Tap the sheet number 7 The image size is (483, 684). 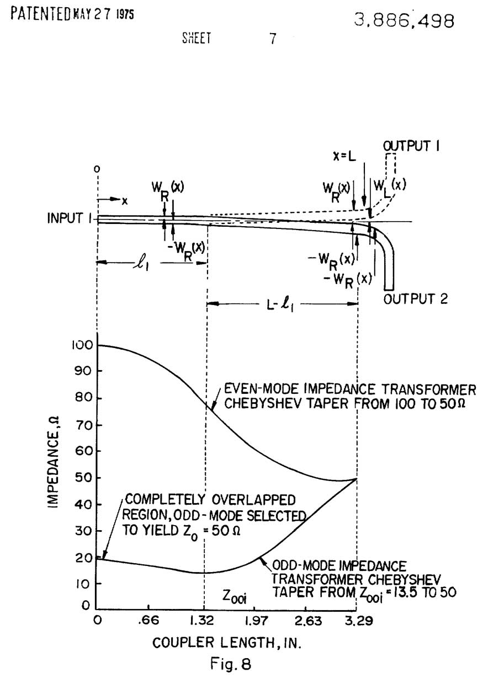(x=272, y=40)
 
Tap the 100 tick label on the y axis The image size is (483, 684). (x=78, y=345)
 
